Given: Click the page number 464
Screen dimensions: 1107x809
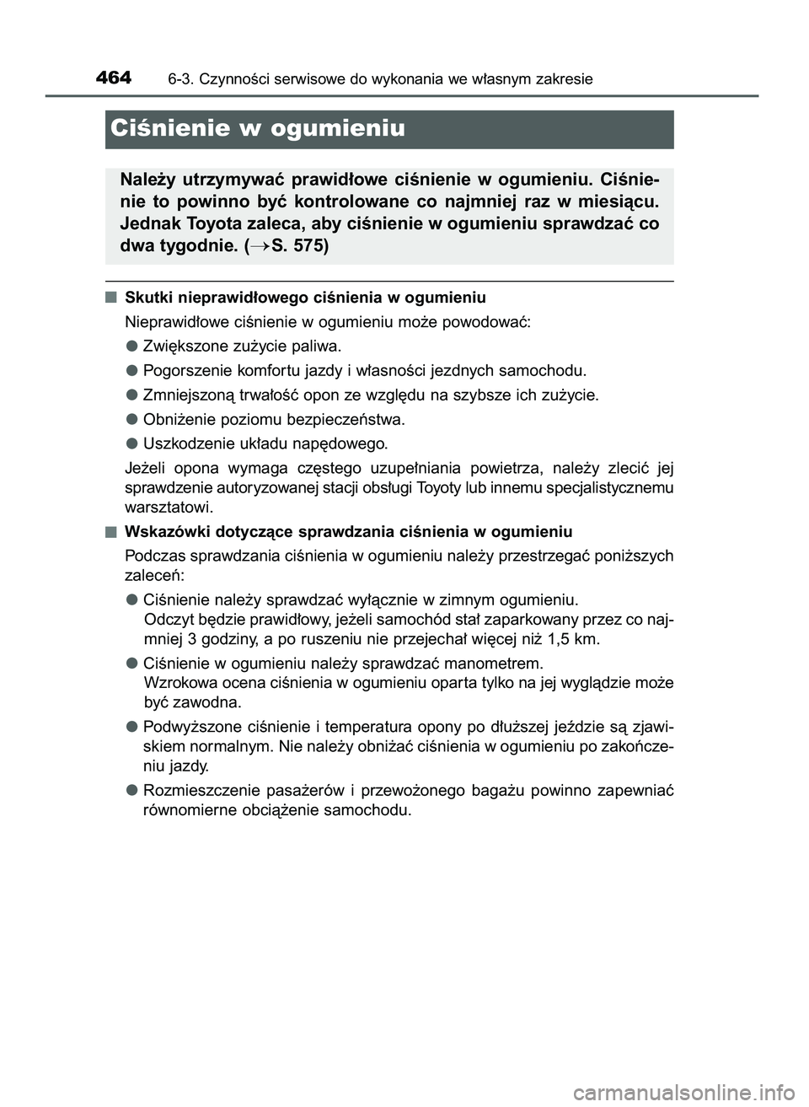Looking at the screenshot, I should (114, 78).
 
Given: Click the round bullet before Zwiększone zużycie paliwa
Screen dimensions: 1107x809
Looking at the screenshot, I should (133, 346).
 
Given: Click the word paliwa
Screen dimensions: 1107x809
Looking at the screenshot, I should (318, 346).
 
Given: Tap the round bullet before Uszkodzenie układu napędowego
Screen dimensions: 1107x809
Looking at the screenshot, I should (133, 443).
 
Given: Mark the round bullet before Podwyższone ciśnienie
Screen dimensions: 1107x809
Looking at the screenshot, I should (133, 727).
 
